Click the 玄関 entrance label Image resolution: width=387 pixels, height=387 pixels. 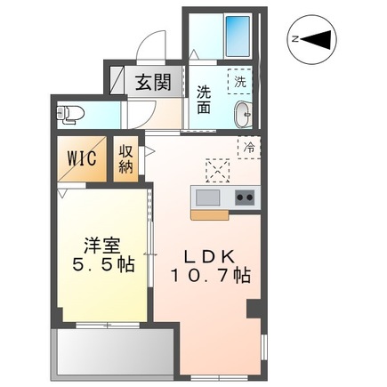tap(152, 83)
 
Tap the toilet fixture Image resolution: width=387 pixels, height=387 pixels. tap(68, 113)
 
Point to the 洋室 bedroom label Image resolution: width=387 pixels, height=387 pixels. tap(99, 242)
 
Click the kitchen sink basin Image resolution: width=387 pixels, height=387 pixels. tap(207, 197)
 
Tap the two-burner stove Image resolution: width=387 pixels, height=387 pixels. tap(244, 197)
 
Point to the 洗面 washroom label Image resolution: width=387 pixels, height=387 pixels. tap(205, 97)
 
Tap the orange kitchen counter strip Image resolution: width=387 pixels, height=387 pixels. tap(210, 214)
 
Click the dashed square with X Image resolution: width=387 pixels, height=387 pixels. tap(217, 169)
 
